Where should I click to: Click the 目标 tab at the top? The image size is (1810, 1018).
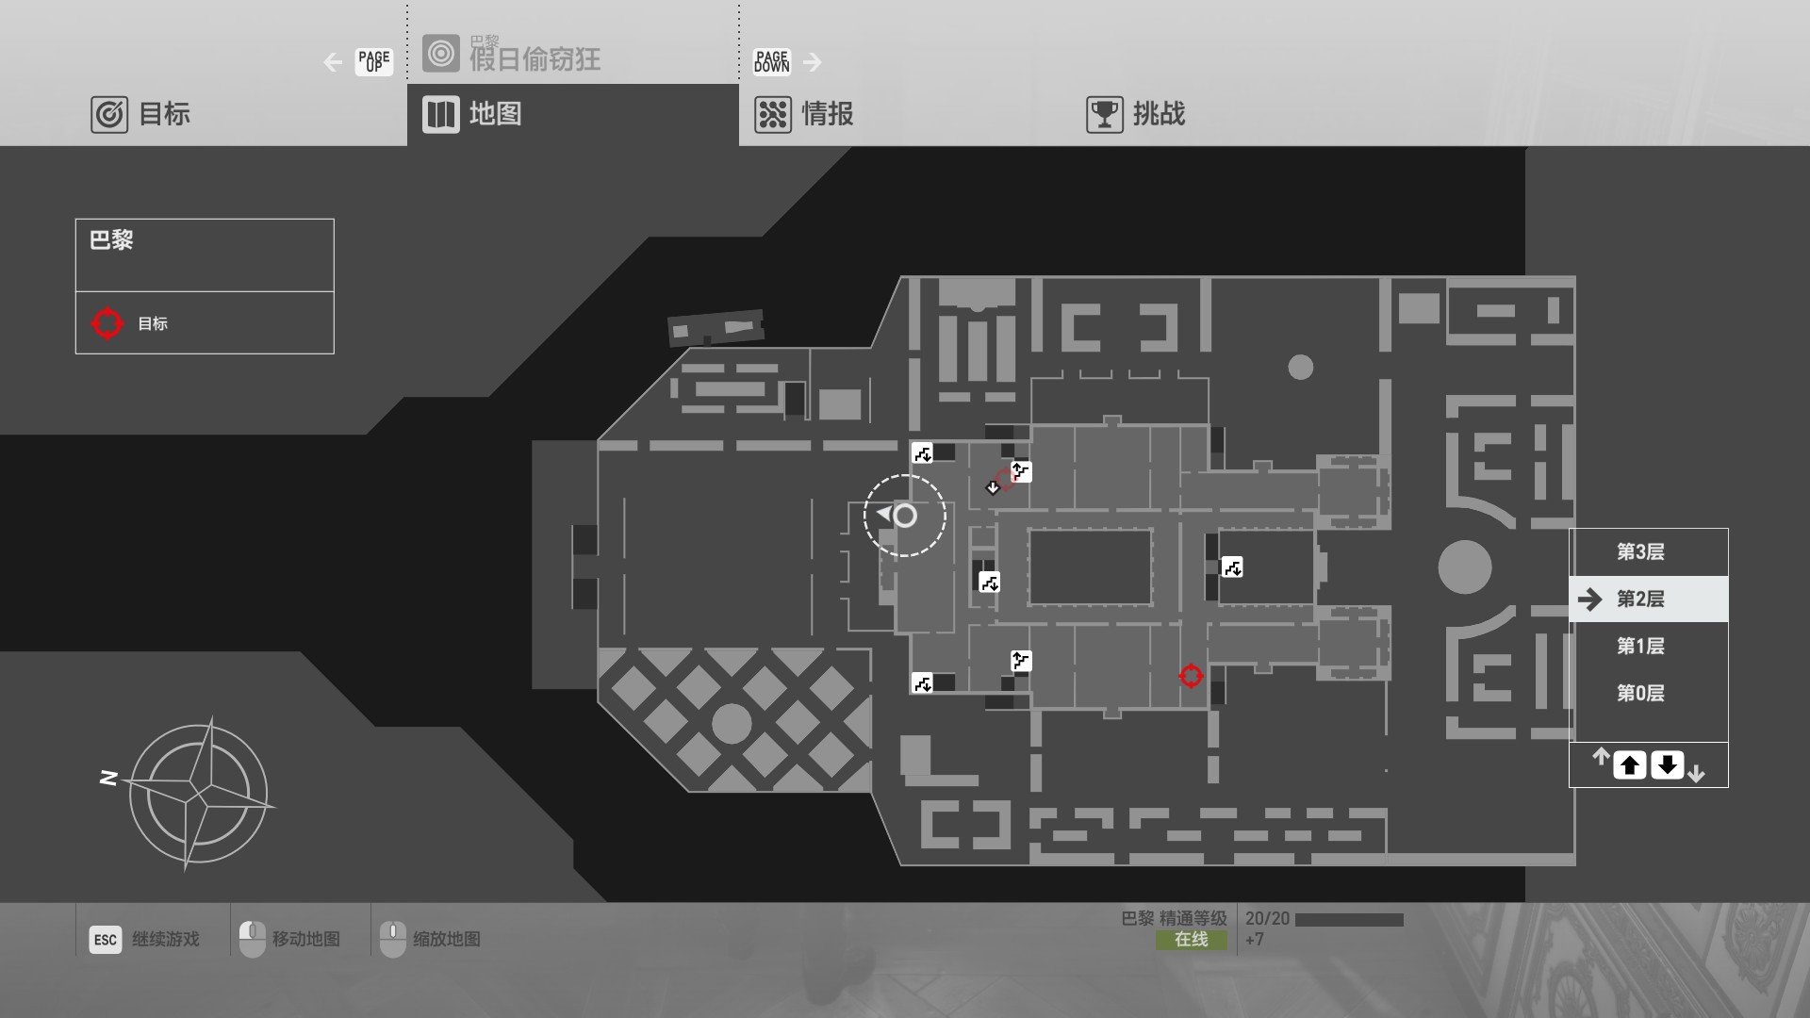click(141, 115)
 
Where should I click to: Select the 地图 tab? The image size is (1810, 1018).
click(472, 115)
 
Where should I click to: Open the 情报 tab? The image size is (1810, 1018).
click(804, 115)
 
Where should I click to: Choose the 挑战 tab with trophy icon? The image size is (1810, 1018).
click(1136, 115)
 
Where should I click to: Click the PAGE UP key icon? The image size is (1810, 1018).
click(374, 62)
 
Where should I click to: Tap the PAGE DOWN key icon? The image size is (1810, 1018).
click(771, 62)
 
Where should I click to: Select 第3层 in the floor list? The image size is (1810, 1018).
click(1640, 552)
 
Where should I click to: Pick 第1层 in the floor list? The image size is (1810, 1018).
click(1640, 647)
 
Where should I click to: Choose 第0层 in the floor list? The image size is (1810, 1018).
click(1640, 694)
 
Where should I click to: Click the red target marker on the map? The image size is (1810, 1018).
click(1191, 676)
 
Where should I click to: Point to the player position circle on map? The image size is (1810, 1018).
click(905, 516)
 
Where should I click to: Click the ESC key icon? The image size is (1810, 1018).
click(106, 940)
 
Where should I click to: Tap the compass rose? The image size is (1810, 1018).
click(198, 794)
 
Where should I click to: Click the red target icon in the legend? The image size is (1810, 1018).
click(107, 323)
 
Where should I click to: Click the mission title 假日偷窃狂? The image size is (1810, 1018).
click(535, 59)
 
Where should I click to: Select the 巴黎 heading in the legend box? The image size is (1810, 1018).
click(111, 240)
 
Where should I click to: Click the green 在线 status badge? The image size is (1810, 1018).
click(1192, 940)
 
